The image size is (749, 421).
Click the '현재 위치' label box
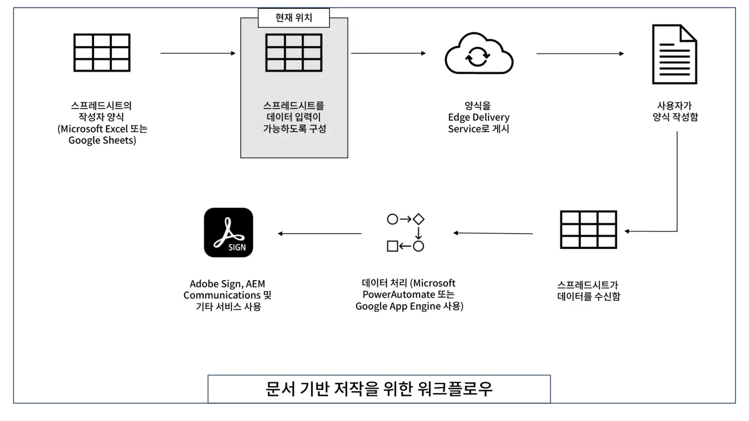(294, 18)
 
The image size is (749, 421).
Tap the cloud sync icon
(479, 54)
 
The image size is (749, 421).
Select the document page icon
(674, 54)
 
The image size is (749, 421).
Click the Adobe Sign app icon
(229, 232)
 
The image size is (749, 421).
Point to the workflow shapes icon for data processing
(406, 232)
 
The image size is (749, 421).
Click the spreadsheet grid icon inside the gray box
(294, 53)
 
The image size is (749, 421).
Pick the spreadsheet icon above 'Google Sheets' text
(102, 53)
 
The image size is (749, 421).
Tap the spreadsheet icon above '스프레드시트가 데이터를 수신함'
(588, 230)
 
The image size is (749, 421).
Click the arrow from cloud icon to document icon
(580, 54)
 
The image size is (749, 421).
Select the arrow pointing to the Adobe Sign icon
(319, 233)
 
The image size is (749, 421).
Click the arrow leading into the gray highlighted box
(198, 53)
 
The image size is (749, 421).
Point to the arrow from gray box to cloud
(388, 53)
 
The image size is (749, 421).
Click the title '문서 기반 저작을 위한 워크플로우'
(379, 389)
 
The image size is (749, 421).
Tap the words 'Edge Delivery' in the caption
(479, 117)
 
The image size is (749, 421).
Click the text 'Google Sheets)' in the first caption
(102, 140)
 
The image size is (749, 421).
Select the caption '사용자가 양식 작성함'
(675, 111)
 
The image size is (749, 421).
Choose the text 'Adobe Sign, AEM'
(227, 284)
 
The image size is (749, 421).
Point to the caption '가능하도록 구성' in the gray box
(295, 129)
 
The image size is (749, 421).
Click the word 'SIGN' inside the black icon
(237, 248)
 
